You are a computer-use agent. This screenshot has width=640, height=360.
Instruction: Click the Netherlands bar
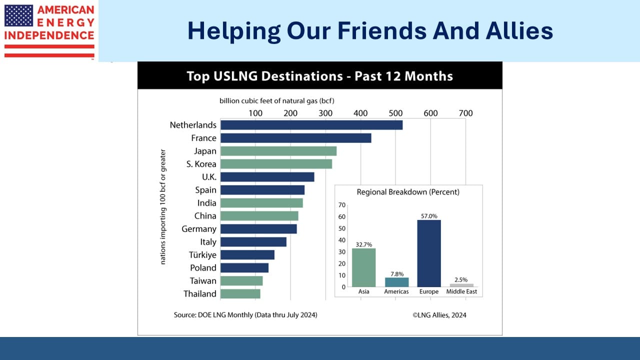[x=311, y=125]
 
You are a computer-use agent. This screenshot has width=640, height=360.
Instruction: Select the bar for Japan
[x=278, y=151]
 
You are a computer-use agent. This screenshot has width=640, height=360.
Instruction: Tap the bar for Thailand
[x=240, y=293]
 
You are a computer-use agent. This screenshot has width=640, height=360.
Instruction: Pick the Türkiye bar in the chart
[x=247, y=255]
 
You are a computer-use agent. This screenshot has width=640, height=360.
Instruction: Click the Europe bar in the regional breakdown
[x=429, y=253]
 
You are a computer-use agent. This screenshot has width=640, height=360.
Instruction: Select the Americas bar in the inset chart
[x=397, y=282]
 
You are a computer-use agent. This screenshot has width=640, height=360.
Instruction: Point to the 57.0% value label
[x=429, y=216]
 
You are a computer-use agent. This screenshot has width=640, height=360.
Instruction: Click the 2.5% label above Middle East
[x=461, y=279]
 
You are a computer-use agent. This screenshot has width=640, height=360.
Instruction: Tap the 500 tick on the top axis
[x=395, y=113]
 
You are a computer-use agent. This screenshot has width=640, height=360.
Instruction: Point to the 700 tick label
[x=465, y=113]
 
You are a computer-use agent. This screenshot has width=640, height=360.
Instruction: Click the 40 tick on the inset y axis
[x=342, y=240]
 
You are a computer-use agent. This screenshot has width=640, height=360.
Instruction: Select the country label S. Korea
[x=201, y=164]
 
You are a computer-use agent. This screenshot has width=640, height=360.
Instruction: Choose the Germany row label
[x=199, y=229]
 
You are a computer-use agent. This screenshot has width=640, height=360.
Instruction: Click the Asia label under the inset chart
[x=363, y=291]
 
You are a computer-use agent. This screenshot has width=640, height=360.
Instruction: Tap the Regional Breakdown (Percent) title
[x=408, y=192]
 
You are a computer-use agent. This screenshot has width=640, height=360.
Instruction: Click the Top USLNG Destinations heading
[x=319, y=76]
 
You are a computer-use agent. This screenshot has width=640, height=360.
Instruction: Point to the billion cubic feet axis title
[x=277, y=101]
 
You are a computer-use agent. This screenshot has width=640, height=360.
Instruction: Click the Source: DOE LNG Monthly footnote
[x=245, y=315]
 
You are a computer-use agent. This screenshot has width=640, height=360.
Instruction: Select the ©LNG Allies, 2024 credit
[x=439, y=315]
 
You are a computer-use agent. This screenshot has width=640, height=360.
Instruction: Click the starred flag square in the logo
[x=18, y=15]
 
